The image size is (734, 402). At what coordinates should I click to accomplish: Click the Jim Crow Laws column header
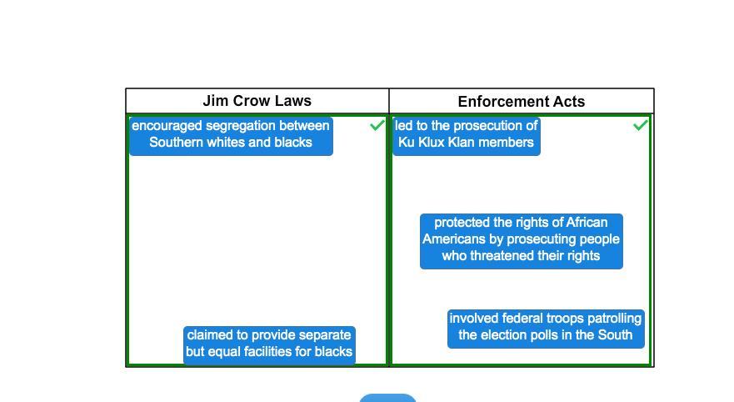pos(257,101)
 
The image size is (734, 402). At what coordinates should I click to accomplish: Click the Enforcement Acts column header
pos(522,101)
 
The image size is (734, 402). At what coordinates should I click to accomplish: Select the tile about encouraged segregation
pos(231,135)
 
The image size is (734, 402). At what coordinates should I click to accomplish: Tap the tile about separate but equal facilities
pos(269,344)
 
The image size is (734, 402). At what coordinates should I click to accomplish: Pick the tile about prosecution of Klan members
pos(467,135)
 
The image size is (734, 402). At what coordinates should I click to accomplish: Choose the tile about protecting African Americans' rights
pos(521,241)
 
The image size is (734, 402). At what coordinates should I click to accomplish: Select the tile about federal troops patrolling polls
pos(546,329)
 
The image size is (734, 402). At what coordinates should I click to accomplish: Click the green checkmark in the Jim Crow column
pos(377,125)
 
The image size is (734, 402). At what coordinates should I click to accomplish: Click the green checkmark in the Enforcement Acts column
pos(641,125)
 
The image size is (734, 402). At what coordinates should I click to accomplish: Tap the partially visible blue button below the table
pos(387,399)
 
